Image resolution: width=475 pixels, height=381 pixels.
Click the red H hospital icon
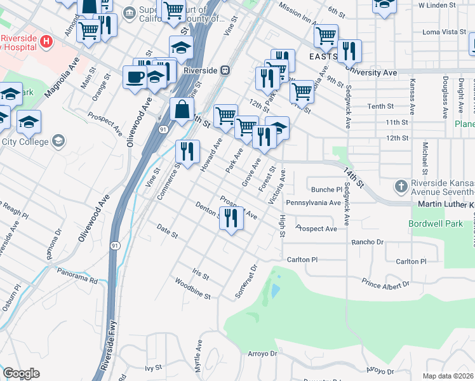[x=45, y=42]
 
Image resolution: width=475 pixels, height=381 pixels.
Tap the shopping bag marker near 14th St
[x=182, y=109]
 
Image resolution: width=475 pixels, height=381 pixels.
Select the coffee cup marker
[x=135, y=77]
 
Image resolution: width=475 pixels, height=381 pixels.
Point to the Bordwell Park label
[x=437, y=224]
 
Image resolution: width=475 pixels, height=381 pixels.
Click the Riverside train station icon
[x=224, y=70]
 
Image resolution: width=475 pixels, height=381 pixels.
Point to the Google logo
[x=21, y=373]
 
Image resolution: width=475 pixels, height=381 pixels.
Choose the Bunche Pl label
[x=327, y=189]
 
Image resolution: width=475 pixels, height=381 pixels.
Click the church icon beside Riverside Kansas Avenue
[x=400, y=187]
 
